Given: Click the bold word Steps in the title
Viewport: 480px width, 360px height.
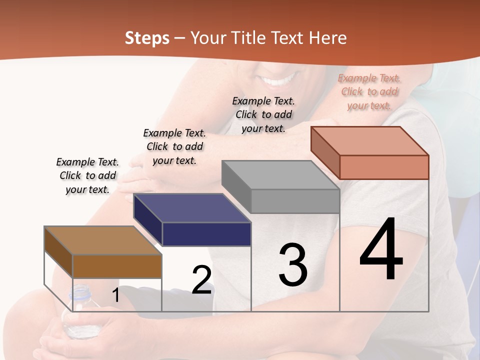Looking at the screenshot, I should (147, 38).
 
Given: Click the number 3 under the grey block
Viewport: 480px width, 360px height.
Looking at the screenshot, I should (292, 265).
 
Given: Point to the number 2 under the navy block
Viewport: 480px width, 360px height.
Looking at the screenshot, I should (201, 280).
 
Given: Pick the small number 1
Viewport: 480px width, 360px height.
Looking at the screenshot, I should (115, 295).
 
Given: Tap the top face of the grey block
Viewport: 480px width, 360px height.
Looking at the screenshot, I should (280, 175).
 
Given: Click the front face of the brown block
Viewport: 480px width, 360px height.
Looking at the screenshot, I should (117, 266).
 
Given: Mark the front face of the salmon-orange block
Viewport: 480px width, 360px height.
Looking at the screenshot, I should (384, 167).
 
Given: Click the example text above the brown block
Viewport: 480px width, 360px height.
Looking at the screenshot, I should (87, 175).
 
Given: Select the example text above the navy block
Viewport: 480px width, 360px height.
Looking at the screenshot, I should (174, 146).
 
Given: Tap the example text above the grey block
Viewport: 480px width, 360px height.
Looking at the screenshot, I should (263, 114).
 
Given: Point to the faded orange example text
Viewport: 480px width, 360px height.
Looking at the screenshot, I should (369, 91).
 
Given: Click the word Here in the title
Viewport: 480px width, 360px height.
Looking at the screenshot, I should (329, 38).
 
